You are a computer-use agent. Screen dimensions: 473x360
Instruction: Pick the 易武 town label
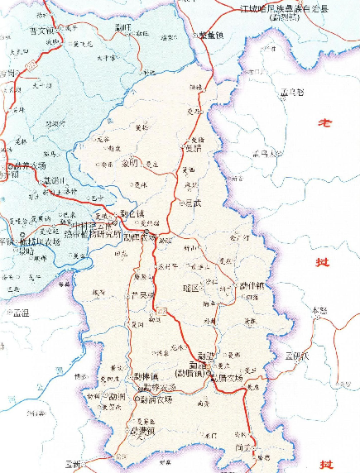point(192,201)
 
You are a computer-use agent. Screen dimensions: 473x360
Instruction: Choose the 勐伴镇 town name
point(251,285)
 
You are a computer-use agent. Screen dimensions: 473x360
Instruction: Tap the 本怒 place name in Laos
point(319,310)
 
